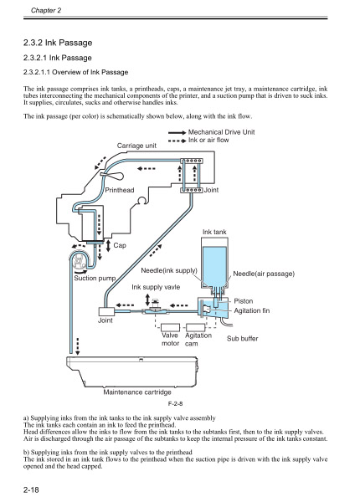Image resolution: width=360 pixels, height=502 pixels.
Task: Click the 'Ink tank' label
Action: point(215,230)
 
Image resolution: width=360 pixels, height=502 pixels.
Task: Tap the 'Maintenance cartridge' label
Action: point(137,392)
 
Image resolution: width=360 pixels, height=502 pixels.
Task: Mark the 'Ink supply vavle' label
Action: point(155,287)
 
